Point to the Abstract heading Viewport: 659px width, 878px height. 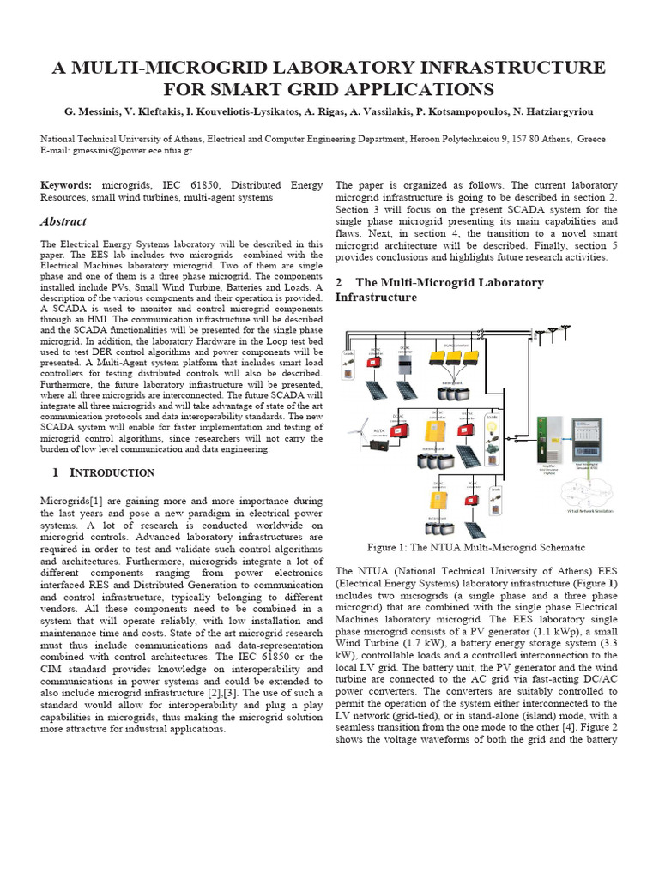click(63, 221)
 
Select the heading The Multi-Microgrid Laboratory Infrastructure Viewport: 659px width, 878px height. click(438, 290)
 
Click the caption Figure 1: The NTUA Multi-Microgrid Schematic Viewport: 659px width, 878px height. click(475, 547)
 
